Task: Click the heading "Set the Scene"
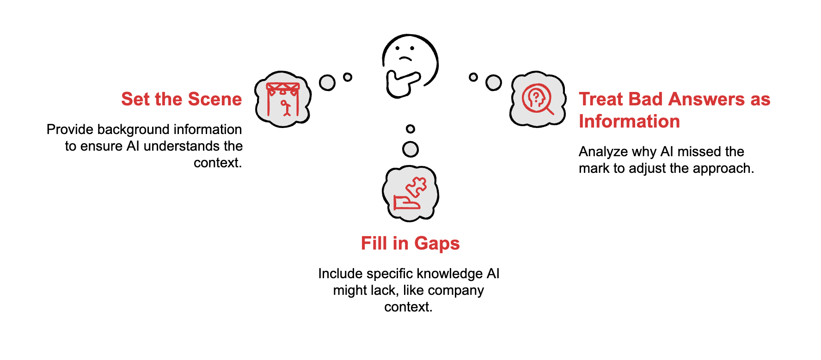pyautogui.click(x=181, y=99)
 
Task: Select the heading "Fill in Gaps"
pyautogui.click(x=410, y=244)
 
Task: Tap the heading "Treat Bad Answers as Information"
pyautogui.click(x=674, y=110)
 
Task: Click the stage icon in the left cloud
pyautogui.click(x=283, y=99)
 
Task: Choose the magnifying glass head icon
pyautogui.click(x=537, y=98)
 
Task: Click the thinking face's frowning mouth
pyautogui.click(x=405, y=58)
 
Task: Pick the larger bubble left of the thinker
pyautogui.click(x=327, y=83)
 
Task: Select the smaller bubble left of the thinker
pyautogui.click(x=348, y=77)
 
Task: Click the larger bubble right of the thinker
pyautogui.click(x=493, y=83)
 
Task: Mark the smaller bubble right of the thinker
pyautogui.click(x=473, y=77)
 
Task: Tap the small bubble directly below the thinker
pyautogui.click(x=410, y=129)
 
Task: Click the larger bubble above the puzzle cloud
pyautogui.click(x=410, y=149)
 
